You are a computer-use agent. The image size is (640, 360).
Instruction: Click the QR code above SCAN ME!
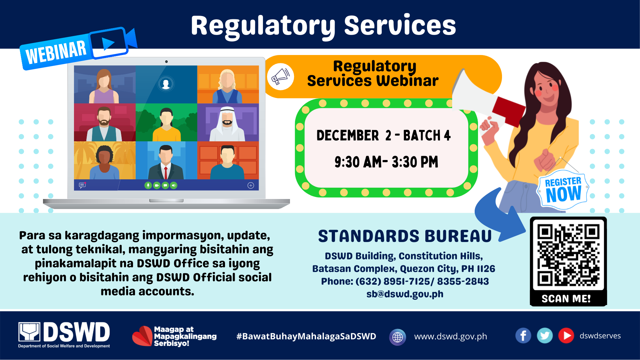click(568, 255)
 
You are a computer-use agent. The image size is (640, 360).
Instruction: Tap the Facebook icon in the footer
click(523, 336)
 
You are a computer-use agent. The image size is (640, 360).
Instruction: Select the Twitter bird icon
click(545, 336)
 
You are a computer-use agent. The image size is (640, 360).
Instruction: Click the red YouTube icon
click(566, 336)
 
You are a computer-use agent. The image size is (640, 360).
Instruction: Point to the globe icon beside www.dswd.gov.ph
click(397, 337)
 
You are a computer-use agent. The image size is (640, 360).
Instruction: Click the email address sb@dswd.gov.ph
click(405, 294)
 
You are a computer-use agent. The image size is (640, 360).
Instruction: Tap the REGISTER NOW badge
click(563, 190)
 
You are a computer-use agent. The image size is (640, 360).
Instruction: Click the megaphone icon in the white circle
click(280, 77)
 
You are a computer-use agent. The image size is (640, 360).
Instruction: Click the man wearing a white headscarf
click(227, 123)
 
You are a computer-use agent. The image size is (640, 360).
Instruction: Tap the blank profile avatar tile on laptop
click(166, 84)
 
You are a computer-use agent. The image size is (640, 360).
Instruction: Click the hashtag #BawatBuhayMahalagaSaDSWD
click(306, 336)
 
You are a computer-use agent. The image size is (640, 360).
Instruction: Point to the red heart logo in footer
click(142, 336)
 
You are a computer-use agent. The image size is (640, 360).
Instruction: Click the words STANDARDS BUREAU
click(405, 236)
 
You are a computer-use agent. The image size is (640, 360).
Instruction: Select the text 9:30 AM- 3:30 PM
click(386, 162)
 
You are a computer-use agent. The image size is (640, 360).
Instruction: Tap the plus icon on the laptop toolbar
click(251, 185)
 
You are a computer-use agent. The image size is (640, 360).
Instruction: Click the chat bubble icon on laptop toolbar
click(82, 185)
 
